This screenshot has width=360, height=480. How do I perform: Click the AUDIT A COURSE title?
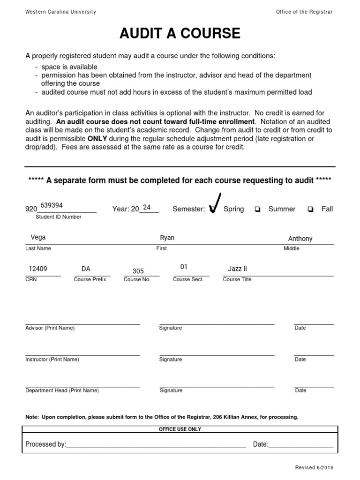pos(180,34)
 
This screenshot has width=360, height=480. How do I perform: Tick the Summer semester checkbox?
pos(257,210)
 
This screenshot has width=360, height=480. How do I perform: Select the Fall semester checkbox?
pos(310,210)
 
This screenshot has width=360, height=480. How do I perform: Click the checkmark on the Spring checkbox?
pos(215,203)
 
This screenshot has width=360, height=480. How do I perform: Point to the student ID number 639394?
pos(52,205)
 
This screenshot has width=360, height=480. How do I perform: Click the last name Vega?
pos(38,237)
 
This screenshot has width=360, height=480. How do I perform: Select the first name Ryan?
pos(167,238)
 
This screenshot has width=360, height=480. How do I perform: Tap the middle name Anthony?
pos(300,239)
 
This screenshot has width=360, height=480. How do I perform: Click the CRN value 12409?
pos(38,269)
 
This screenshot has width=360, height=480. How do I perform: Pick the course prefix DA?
pos(86,269)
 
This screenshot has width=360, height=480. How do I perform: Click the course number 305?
pos(138,271)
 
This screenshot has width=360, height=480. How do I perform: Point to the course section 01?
pos(184,267)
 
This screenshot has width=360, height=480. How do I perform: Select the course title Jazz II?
pos(237,269)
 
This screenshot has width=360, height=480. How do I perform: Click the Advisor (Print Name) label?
pos(50,328)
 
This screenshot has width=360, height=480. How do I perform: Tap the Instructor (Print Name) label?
pos(52,360)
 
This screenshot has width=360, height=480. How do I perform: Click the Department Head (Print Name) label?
pos(62,390)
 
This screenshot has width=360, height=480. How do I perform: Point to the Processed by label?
pos(45,444)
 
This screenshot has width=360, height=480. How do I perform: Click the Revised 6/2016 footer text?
pos(314,468)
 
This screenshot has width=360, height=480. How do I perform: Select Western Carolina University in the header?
pos(60,12)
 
